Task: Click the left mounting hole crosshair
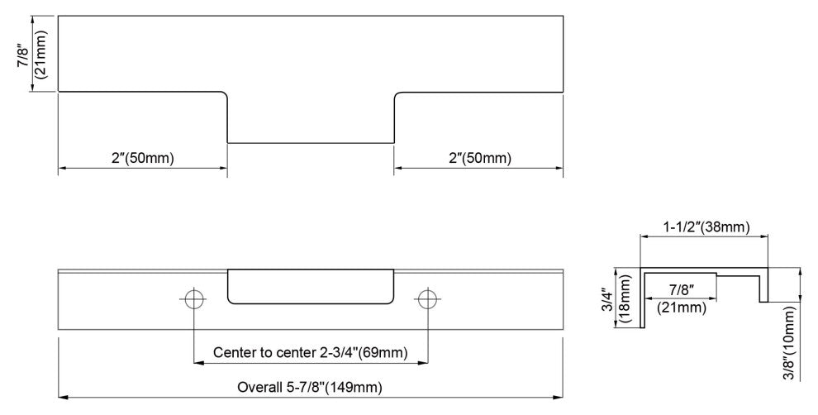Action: coord(193,299)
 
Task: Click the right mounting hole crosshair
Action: coord(428,299)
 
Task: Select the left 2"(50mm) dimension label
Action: coord(142,158)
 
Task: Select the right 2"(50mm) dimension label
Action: coord(480,158)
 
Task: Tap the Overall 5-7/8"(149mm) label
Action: coord(310,388)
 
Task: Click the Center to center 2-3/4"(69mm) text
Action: coord(311,352)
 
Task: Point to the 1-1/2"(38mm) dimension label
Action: coord(706,227)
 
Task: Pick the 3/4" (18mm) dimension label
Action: coord(617,299)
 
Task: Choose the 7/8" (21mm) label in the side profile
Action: coord(682,299)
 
